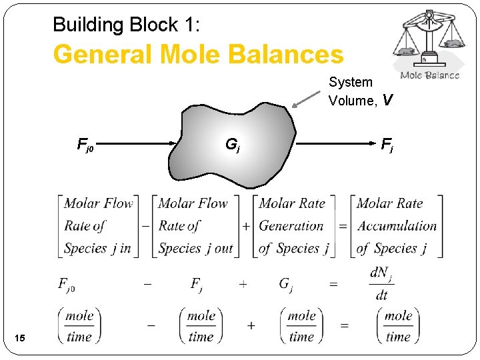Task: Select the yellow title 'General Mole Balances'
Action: point(198,55)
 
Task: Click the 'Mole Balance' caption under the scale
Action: point(430,75)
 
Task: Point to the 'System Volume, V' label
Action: point(360,91)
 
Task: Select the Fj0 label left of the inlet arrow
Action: point(85,143)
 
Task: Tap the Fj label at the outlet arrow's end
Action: point(387,143)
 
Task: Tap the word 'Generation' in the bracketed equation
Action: point(291,226)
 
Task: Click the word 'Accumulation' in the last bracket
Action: point(397,226)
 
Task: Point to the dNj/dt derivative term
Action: point(380,283)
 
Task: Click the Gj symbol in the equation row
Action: point(285,285)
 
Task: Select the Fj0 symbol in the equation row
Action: point(67,285)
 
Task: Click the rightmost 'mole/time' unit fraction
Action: point(398,326)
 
